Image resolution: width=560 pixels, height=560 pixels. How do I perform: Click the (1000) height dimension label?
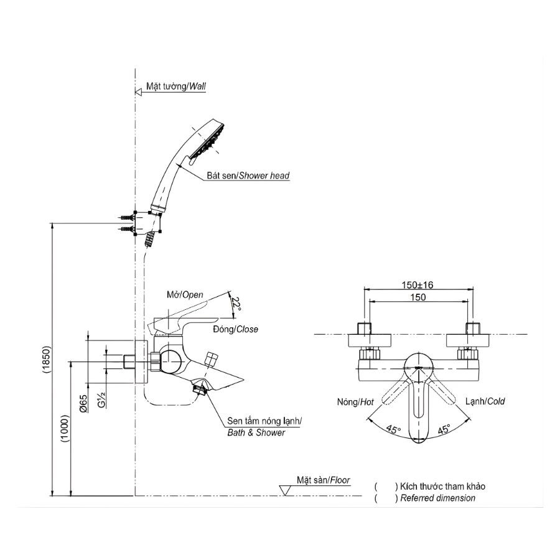(x=66, y=429)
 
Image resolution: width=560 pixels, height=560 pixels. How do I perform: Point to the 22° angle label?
(x=234, y=304)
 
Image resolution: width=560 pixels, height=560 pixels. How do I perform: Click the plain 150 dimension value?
(x=419, y=297)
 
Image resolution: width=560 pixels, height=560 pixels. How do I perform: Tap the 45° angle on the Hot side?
(x=394, y=431)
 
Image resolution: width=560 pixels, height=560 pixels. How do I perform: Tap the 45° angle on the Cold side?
(x=444, y=431)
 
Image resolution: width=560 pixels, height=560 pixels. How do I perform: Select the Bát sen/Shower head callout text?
(x=248, y=176)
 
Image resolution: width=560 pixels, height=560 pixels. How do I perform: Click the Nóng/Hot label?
(x=356, y=402)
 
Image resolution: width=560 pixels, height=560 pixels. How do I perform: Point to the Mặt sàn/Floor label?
(x=323, y=480)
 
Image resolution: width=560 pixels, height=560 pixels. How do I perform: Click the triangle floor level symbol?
(x=286, y=490)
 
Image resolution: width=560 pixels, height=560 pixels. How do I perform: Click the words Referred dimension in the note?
(x=438, y=498)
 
